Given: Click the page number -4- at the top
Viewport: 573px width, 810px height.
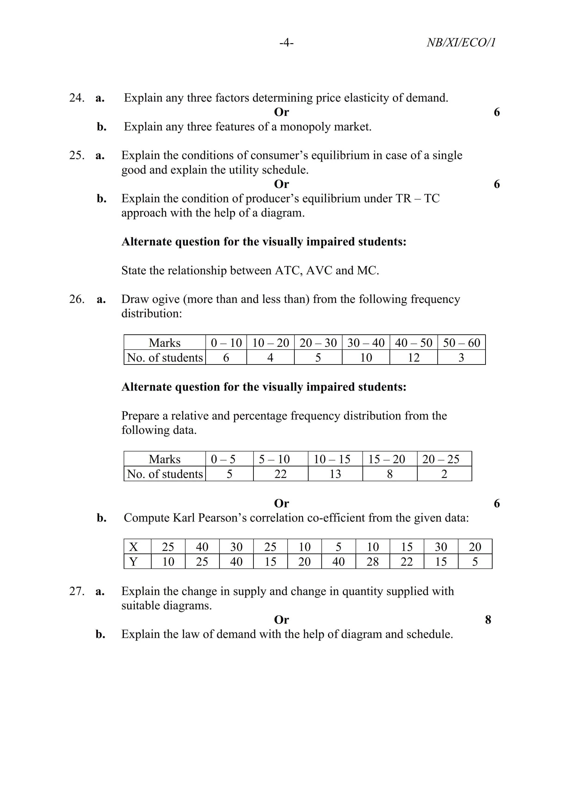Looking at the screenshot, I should point(286,43).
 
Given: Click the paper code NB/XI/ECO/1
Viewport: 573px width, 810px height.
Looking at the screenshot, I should point(461,43).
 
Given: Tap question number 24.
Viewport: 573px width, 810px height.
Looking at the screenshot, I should point(77,98).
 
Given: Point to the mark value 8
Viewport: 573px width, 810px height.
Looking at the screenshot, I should point(488,620).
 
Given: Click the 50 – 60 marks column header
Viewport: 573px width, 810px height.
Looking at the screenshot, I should point(461,343).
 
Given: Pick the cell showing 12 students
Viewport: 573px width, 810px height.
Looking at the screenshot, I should point(414,357).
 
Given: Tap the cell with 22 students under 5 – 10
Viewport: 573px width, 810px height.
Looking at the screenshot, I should point(280,474).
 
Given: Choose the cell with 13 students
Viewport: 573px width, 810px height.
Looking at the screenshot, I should point(335,474).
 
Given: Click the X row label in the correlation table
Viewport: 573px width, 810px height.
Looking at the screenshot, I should point(133,547).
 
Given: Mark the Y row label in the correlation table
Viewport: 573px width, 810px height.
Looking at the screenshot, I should point(133,561).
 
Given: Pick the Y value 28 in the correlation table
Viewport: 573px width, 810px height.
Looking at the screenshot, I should point(372,561).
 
